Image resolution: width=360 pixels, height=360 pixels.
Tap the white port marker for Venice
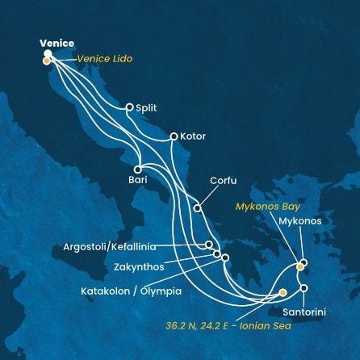tap(48, 54)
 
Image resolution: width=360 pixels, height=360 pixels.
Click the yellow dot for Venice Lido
tap(46, 61)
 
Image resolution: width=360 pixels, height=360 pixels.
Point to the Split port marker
tap(128, 107)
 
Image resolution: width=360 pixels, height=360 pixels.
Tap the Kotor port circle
tap(173, 136)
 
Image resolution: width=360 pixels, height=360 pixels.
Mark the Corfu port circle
tap(197, 208)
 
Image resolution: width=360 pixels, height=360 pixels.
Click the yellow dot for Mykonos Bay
tap(300, 266)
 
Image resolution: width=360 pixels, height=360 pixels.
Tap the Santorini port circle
tap(304, 287)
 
